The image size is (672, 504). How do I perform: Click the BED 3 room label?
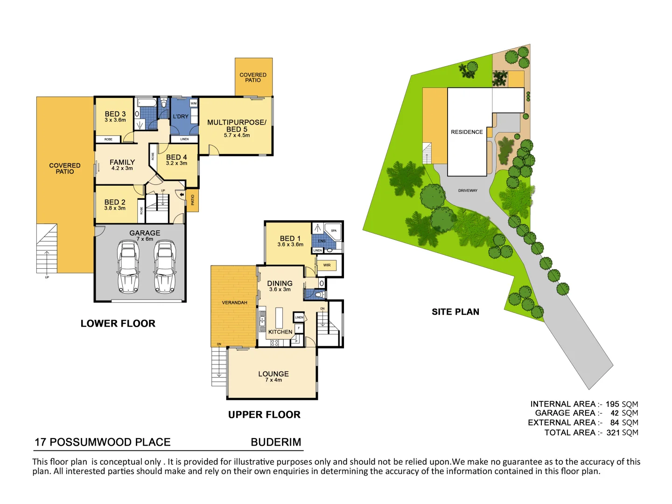[x=115, y=114]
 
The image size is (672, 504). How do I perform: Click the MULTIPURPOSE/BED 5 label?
[x=237, y=126]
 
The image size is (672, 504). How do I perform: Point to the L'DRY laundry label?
[x=181, y=117]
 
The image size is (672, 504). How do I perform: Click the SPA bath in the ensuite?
[x=334, y=231]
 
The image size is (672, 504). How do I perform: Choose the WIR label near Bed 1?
[x=327, y=265]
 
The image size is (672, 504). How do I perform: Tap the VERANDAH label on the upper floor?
[x=234, y=303]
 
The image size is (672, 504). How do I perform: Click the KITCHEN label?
[x=280, y=332]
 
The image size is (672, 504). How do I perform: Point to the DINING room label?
[x=280, y=284]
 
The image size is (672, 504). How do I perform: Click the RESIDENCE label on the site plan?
[x=467, y=132]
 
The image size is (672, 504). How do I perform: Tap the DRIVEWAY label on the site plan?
[x=468, y=190]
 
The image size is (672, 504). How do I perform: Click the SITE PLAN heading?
[x=455, y=312]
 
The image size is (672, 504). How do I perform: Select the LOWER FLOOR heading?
[x=118, y=323]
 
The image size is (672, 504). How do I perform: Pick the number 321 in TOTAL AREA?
[x=613, y=433]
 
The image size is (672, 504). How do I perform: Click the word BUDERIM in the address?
[x=276, y=442]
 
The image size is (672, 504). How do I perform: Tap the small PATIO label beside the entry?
[x=193, y=200]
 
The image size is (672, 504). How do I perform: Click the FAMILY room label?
[x=122, y=162]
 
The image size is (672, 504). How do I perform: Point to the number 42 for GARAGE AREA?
[x=615, y=413]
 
